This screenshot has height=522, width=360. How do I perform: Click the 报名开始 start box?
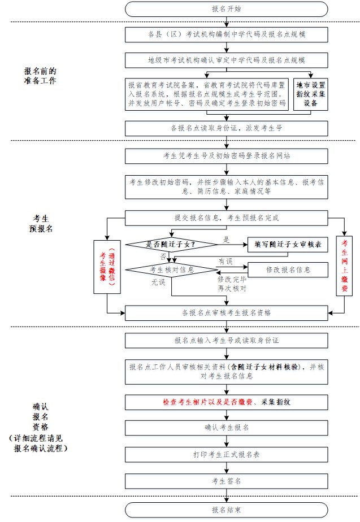[x=226, y=9]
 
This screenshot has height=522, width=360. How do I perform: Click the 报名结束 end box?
[x=226, y=510]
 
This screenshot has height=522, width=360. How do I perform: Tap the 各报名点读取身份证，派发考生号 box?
[x=226, y=128]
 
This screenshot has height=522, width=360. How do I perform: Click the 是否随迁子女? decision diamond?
[x=171, y=244]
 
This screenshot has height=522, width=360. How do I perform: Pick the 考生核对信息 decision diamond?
[x=171, y=270]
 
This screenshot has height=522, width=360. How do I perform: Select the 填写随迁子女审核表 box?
[x=288, y=244]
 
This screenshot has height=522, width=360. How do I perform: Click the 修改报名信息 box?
[x=288, y=270]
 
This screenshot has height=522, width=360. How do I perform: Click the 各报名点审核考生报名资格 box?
[x=226, y=312]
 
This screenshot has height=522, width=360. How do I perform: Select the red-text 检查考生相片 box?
[x=226, y=402]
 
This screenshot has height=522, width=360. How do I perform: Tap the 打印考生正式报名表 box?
[x=226, y=454]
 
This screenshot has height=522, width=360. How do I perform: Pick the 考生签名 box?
[x=226, y=481]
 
